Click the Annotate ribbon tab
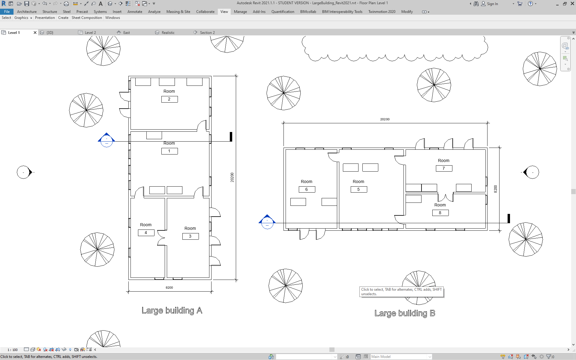coord(135,12)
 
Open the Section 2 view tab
coord(207,32)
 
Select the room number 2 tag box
coord(169,99)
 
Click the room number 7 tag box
coord(444,168)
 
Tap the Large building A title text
coord(172,310)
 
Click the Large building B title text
coord(405,313)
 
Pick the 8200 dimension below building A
coord(169,287)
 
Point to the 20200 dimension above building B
coord(385,119)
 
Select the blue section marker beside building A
coord(106,140)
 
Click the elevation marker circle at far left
coord(23,172)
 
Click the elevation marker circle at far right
coord(532,172)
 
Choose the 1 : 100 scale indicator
coord(13,350)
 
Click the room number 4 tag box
coord(146,232)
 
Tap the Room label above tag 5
coord(358,181)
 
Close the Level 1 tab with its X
coord(35,32)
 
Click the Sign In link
coord(492,4)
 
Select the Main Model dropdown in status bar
coord(401,357)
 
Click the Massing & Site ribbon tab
coord(178,12)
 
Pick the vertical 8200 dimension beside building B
coord(495,189)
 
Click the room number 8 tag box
coord(440,213)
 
